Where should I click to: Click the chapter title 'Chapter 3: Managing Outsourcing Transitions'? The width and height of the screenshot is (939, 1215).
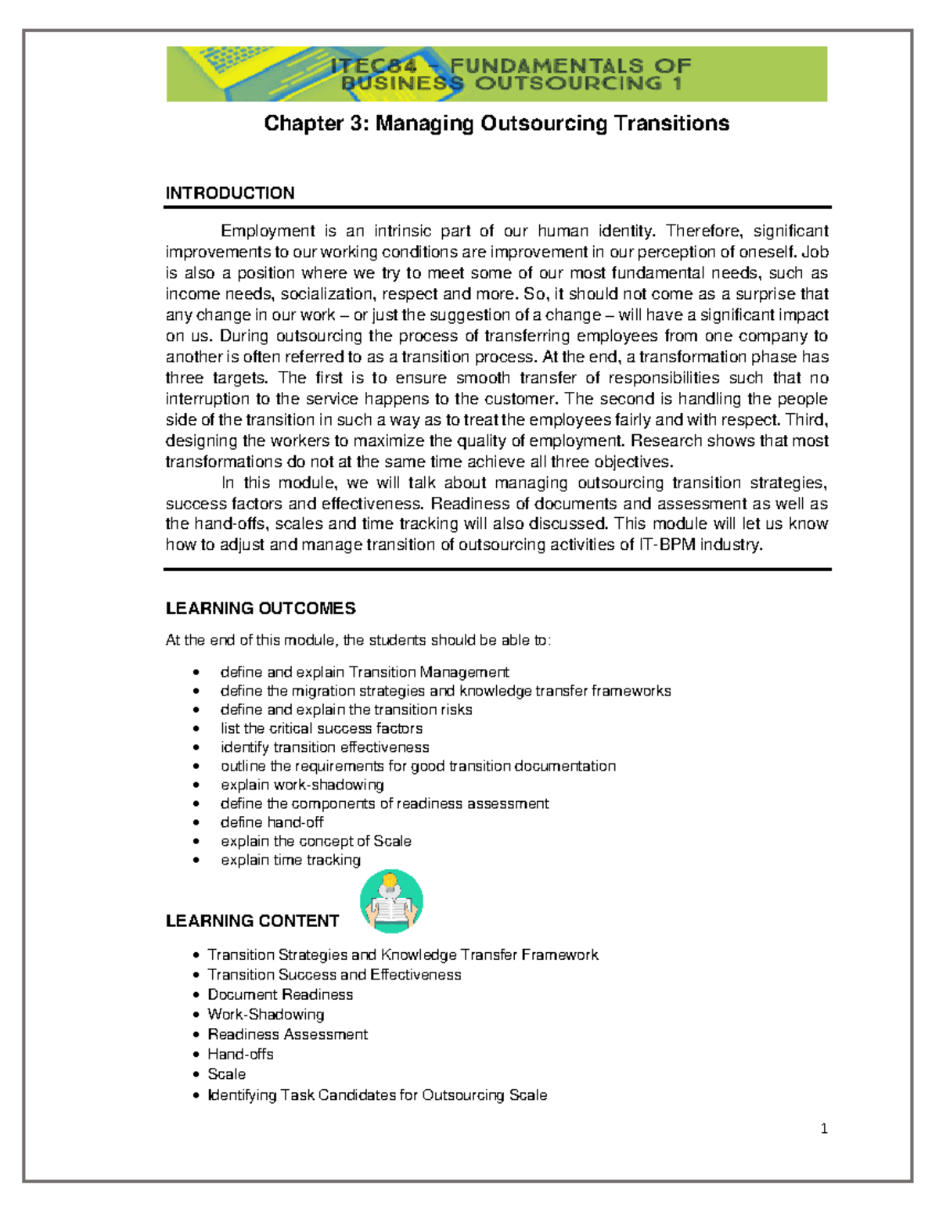tap(496, 124)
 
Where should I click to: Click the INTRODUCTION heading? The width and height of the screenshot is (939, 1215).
tap(229, 193)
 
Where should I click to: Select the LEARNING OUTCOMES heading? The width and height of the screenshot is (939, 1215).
tap(261, 609)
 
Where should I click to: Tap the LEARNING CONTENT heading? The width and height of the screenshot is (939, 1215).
tap(252, 921)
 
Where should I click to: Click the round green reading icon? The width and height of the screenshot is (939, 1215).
tap(391, 901)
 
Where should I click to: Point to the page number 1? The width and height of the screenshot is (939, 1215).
tap(824, 1128)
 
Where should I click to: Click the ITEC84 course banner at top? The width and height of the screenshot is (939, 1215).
tap(496, 74)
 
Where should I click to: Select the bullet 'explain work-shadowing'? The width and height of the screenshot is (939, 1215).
tap(302, 785)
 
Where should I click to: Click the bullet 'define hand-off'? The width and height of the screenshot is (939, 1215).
tap(272, 822)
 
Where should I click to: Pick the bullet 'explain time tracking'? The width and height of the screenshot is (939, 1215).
tap(290, 860)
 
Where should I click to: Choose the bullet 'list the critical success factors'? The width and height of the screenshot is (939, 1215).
tap(321, 728)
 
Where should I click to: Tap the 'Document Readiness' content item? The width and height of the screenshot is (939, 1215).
tap(280, 994)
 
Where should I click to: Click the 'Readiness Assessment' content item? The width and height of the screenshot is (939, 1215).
tap(287, 1034)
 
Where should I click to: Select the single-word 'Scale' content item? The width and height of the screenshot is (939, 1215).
tap(226, 1074)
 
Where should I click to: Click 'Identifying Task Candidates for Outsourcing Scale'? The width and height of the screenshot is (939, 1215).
tap(377, 1095)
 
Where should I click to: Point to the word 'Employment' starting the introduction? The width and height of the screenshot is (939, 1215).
tap(268, 231)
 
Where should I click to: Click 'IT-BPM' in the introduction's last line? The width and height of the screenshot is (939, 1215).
tap(667, 545)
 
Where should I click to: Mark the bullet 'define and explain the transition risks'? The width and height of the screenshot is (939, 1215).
tap(346, 710)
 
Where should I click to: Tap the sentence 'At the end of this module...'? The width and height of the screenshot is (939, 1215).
tap(358, 640)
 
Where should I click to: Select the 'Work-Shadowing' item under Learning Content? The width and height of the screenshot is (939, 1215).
tap(265, 1015)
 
